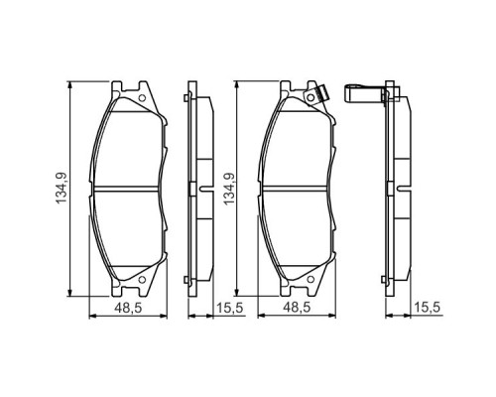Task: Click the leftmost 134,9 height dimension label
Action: (x=61, y=187)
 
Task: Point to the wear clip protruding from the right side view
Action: (x=366, y=94)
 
